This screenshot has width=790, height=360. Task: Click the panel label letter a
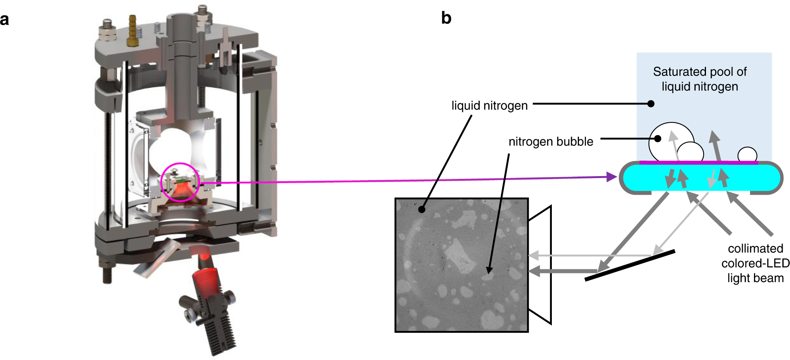pos(5,19)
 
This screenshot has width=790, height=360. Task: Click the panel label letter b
pos(446,18)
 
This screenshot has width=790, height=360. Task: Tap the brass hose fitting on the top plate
pos(132,31)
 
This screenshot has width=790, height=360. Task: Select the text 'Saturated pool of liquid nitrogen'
pos(700,79)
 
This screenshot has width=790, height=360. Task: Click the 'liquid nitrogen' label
pos(489,106)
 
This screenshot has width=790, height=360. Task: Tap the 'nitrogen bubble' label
pos(551,142)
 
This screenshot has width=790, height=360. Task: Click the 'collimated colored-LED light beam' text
pos(755,263)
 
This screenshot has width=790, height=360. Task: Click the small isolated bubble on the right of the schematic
pos(747,154)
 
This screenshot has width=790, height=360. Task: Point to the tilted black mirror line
pos(630,265)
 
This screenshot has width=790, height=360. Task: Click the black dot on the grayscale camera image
pos(422,209)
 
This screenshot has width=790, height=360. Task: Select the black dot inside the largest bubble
pos(658,139)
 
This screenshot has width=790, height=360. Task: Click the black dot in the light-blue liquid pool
pos(651,104)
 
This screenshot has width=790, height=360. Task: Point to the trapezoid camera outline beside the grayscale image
pos(540,265)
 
